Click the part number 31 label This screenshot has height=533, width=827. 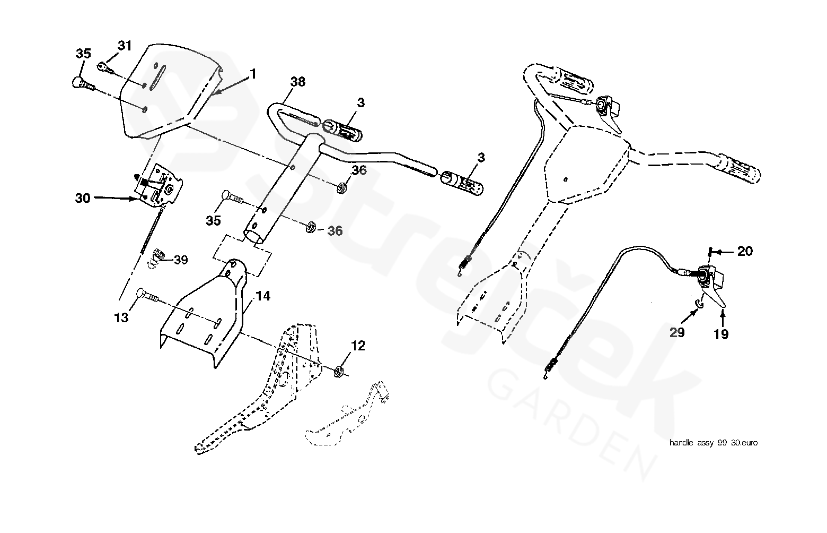tap(125, 46)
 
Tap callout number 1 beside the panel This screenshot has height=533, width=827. tap(253, 74)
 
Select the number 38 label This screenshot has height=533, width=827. tap(298, 82)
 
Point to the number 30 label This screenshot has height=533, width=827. tap(83, 198)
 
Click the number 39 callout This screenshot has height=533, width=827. tap(181, 260)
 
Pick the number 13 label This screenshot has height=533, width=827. tap(121, 317)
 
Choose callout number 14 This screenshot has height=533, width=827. tap(263, 296)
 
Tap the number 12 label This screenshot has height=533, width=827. tap(358, 346)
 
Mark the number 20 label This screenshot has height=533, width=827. tap(745, 251)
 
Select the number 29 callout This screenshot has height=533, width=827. tap(677, 333)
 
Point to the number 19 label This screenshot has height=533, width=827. tap(721, 334)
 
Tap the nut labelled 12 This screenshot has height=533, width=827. tap(339, 371)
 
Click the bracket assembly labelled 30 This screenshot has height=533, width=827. tap(160, 187)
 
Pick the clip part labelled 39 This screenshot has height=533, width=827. tap(156, 257)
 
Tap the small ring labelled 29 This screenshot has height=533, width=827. tap(699, 304)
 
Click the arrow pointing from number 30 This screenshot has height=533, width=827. tap(115, 198)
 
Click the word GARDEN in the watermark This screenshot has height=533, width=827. tap(571, 425)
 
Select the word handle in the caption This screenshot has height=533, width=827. tap(681, 442)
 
